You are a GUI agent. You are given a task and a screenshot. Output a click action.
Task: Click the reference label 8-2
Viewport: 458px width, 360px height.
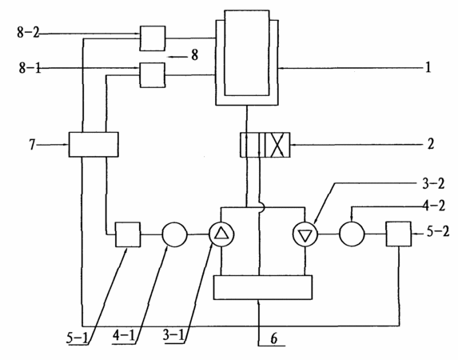(28, 32)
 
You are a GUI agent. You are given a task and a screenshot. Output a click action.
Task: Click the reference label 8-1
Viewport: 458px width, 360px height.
(30, 68)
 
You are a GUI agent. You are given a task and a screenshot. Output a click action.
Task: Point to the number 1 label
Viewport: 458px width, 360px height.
(428, 68)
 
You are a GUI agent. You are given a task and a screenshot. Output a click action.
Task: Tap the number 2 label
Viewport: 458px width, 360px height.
(431, 144)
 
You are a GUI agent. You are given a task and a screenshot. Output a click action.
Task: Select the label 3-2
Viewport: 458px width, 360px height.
(433, 184)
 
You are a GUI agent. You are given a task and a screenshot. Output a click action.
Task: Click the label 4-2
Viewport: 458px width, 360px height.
(434, 206)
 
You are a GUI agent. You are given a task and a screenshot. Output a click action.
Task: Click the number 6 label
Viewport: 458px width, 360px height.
(273, 338)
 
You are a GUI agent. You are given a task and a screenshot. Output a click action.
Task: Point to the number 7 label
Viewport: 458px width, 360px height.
(33, 145)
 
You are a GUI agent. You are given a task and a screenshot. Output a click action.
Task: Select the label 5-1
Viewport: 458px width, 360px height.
(77, 338)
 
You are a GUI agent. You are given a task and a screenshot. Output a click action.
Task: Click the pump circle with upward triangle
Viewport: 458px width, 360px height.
(221, 234)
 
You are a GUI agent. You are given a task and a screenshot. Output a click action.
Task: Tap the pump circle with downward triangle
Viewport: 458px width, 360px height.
(305, 235)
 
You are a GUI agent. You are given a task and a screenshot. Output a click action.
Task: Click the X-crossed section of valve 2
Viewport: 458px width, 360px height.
(277, 145)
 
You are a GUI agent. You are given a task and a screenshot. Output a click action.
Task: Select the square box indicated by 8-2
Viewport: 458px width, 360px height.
(153, 38)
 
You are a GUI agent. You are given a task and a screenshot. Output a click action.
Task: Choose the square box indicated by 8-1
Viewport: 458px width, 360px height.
(153, 75)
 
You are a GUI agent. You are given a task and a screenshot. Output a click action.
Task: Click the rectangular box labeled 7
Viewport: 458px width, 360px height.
(94, 145)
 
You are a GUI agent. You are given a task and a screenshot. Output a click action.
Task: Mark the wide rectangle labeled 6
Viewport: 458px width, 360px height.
(263, 287)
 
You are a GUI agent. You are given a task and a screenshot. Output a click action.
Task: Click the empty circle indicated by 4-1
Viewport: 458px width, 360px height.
(175, 234)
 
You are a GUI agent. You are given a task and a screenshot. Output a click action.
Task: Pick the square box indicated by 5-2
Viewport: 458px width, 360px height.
(399, 234)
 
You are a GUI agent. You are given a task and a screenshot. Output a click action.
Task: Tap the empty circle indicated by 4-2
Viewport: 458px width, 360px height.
(352, 234)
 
